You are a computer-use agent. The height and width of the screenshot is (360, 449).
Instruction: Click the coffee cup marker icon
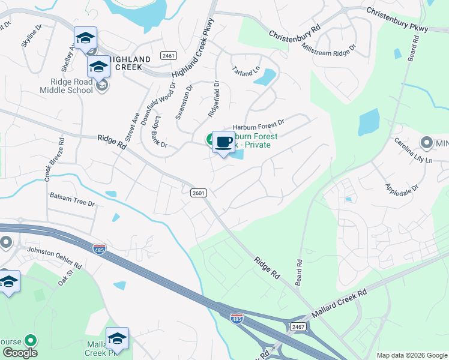pyautogui.click(x=223, y=142)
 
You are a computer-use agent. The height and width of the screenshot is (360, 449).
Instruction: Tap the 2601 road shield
pyautogui.click(x=199, y=193)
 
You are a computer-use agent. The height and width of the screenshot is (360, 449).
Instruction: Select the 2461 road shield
pyautogui.click(x=169, y=55)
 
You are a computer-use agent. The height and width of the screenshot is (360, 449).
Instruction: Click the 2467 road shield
pyautogui.click(x=297, y=326)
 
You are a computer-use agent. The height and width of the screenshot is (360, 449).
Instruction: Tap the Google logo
pyautogui.click(x=19, y=353)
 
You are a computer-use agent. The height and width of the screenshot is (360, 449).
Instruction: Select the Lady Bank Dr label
pyautogui.click(x=155, y=131)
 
